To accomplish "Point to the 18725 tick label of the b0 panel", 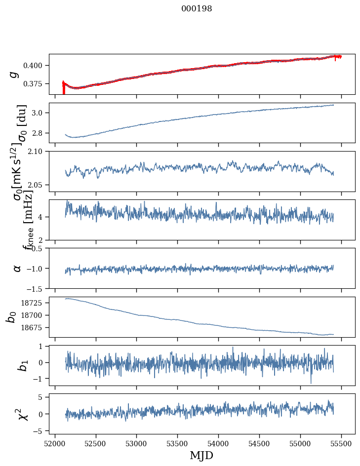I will click(35, 303).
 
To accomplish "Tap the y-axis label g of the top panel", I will click(14, 74).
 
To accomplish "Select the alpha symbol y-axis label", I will click(17, 268).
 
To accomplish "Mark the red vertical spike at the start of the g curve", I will click(63, 89).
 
